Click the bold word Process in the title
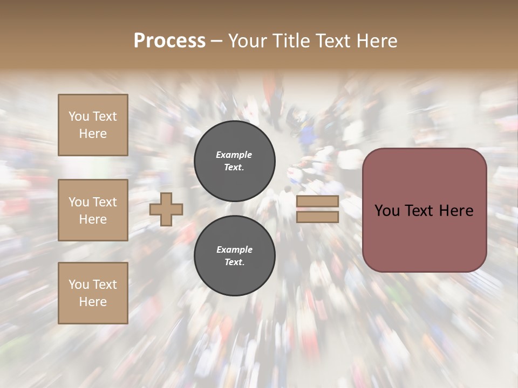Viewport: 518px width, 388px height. [x=169, y=41]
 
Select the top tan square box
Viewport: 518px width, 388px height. [x=93, y=125]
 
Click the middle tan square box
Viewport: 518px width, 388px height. [x=93, y=210]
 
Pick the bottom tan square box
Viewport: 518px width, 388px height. [x=93, y=293]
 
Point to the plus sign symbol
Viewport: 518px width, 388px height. [x=166, y=209]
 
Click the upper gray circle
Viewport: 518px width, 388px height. [x=235, y=161]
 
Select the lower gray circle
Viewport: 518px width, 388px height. [x=235, y=256]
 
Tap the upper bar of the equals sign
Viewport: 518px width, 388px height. [x=317, y=202]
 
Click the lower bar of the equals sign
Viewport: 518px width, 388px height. [x=317, y=217]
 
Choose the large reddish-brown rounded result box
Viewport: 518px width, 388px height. [x=424, y=210]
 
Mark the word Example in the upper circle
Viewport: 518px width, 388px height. [x=234, y=155]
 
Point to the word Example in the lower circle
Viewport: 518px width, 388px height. [x=234, y=250]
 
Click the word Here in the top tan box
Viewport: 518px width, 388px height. [x=93, y=134]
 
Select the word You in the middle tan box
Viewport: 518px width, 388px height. [x=79, y=202]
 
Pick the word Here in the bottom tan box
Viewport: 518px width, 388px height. [x=93, y=302]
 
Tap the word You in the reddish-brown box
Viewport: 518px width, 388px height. [x=387, y=210]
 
